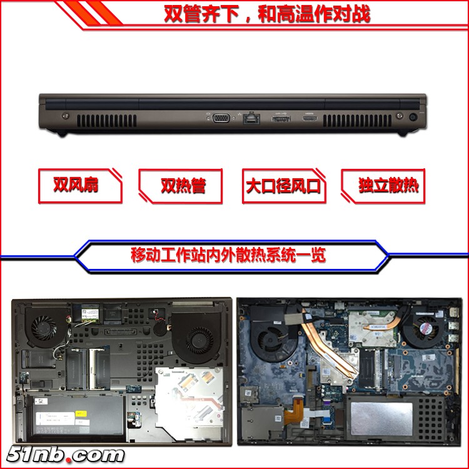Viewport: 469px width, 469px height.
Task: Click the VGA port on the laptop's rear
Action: pyautogui.click(x=221, y=118)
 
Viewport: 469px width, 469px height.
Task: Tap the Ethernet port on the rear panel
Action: pyautogui.click(x=251, y=118)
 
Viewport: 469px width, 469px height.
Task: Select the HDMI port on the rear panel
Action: pyautogui.click(x=310, y=118)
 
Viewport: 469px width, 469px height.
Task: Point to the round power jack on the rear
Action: pyautogui.click(x=413, y=117)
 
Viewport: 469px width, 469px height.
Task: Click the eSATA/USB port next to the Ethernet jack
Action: pyautogui.click(x=281, y=119)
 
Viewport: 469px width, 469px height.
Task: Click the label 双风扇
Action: pyautogui.click(x=76, y=184)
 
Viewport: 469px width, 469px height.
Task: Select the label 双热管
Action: pyautogui.click(x=183, y=186)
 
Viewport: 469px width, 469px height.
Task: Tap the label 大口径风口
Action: pyautogui.click(x=283, y=186)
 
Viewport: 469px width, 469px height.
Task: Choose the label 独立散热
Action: pyautogui.click(x=388, y=185)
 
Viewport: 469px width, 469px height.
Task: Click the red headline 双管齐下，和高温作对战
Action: pyautogui.click(x=267, y=14)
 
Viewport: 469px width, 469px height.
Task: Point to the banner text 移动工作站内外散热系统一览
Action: pyautogui.click(x=228, y=255)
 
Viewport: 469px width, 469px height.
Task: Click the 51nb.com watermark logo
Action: pyautogui.click(x=65, y=455)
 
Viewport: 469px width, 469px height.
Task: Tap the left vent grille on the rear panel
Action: pyautogui.click(x=107, y=121)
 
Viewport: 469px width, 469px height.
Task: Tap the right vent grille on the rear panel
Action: pyautogui.click(x=357, y=121)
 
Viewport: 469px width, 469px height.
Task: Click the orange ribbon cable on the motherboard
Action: pyautogui.click(x=293, y=410)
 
